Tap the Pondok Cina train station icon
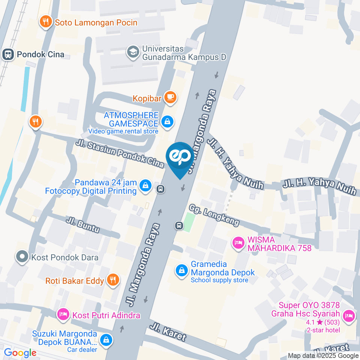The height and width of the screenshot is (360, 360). click(7, 54)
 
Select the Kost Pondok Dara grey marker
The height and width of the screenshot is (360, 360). click(22, 257)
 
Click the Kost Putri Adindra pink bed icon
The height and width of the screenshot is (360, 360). click(63, 315)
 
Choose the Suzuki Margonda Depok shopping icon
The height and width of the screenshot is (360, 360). click(106, 340)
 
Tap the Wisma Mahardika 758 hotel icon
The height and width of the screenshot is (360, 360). click(238, 243)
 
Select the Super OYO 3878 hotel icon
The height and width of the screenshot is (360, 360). click(349, 315)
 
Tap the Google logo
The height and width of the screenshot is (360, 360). click(20, 353)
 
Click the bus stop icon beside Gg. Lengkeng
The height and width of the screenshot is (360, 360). click(179, 225)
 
